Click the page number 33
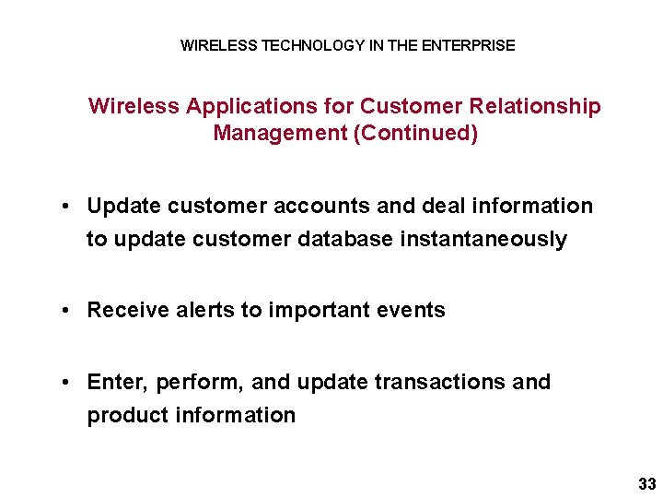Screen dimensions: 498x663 coord(646,484)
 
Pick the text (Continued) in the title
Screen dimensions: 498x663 coord(417,134)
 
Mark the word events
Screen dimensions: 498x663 coord(412,311)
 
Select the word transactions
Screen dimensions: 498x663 coord(425,382)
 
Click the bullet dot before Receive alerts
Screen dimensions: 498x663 coord(68,311)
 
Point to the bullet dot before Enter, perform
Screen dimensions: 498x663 coord(68,382)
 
